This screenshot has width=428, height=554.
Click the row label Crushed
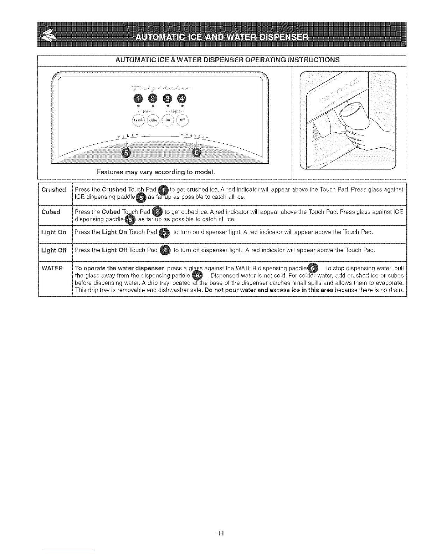(54, 190)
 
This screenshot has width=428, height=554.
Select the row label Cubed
(51, 212)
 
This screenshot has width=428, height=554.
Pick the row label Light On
(53, 232)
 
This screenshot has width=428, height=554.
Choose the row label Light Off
(53, 250)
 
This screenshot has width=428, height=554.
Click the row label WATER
(52, 268)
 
